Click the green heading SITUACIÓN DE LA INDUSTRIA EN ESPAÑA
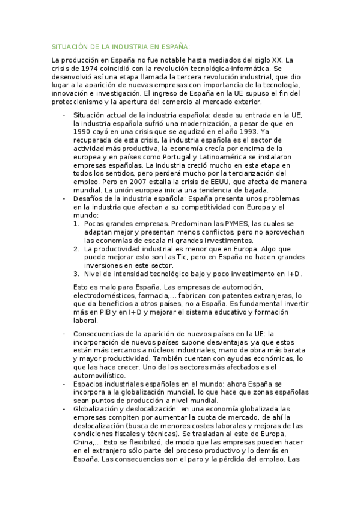120,46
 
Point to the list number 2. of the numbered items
76,248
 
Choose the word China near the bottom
84,442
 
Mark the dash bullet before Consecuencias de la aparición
64,334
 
